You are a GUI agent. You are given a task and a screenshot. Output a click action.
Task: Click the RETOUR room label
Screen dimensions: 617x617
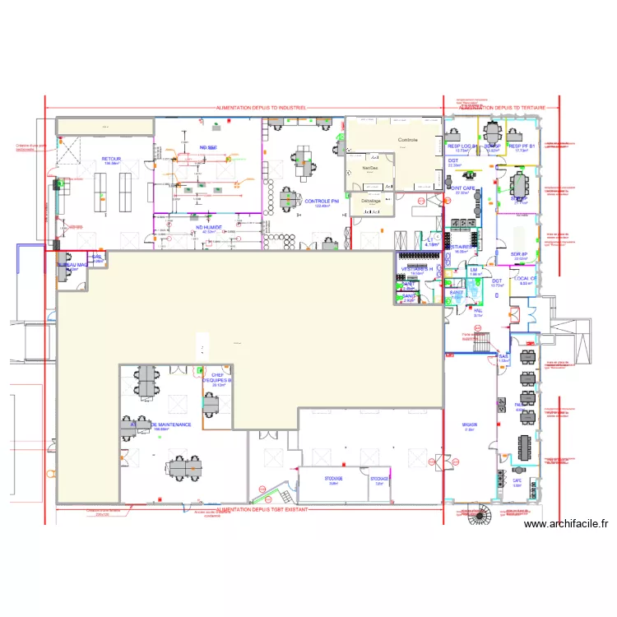(111, 159)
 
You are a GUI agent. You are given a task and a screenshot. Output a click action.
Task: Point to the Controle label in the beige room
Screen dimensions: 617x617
(408, 140)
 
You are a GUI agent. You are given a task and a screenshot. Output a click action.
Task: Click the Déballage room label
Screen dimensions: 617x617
(370, 201)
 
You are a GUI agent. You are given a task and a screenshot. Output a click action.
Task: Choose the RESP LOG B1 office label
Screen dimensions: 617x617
(462, 146)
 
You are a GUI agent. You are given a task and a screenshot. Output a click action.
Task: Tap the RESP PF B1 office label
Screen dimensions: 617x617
(522, 146)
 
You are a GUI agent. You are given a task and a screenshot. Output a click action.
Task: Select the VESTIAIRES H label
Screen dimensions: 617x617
(417, 269)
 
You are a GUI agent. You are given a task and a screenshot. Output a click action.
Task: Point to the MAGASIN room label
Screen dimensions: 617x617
(470, 424)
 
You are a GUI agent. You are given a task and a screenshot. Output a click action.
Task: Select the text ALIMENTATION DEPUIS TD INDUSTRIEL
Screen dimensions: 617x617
(261, 108)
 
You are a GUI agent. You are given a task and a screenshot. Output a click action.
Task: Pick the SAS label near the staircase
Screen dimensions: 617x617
(503, 356)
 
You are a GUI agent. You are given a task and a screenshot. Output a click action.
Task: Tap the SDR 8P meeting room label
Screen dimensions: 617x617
(518, 254)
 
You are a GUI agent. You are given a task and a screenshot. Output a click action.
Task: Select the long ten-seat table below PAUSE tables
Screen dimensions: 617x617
(525, 447)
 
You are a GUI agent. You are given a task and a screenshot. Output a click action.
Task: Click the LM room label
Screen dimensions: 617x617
(475, 270)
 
